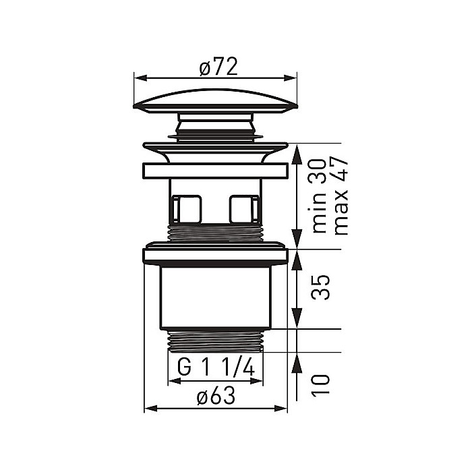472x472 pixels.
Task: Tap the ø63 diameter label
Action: point(215,398)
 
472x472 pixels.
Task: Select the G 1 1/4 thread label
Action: point(215,368)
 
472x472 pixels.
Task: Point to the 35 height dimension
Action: point(321,287)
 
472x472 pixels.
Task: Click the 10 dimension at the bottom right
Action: point(321,385)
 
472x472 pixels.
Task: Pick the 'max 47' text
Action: point(341,196)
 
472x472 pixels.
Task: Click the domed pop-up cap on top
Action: point(215,98)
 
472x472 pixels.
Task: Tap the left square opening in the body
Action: point(187,208)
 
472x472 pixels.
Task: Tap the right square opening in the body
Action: point(243,208)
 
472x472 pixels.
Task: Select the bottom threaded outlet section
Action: point(215,341)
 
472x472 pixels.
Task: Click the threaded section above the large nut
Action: point(215,233)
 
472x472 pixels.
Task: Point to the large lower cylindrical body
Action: point(215,297)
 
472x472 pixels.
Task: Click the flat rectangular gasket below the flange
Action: point(215,171)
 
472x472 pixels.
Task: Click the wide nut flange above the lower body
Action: point(215,256)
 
